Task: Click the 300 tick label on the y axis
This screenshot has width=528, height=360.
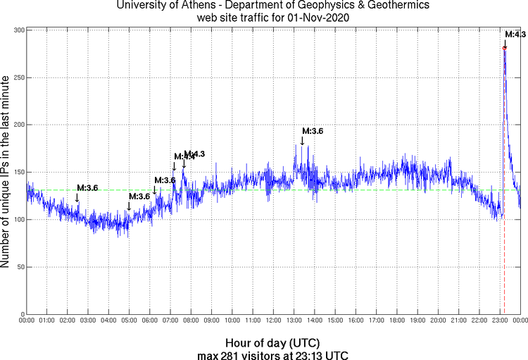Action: click(17, 30)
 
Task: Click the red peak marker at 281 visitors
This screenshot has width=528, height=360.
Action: click(505, 48)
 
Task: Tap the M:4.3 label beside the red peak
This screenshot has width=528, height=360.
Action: click(514, 34)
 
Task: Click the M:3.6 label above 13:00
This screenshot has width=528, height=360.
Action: click(313, 131)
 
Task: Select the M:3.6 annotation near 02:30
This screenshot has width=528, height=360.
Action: click(87, 188)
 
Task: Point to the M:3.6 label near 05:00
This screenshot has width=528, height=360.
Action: click(139, 196)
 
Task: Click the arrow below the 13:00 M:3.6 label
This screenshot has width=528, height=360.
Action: click(302, 141)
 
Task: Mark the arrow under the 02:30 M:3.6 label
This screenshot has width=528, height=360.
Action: click(77, 198)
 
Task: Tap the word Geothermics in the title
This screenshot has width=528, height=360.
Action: click(382, 6)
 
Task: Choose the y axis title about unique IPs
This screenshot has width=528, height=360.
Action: click(6, 172)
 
